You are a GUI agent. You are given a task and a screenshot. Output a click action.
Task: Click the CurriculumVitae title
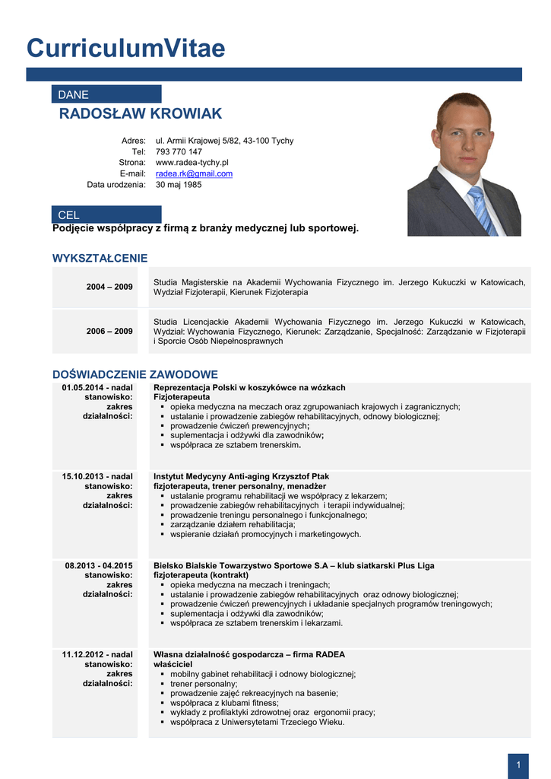[x=126, y=48]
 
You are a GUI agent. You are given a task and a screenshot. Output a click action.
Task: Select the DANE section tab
[x=106, y=94]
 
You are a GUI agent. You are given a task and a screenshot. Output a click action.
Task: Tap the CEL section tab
[x=106, y=215]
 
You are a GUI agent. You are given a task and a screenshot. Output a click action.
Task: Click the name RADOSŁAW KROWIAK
[x=141, y=114]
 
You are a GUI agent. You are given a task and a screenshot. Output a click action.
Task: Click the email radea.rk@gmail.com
[x=194, y=173]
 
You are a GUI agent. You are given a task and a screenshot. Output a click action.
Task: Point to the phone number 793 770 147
[x=179, y=151]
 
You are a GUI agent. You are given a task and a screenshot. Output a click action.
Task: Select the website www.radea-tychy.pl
[x=192, y=163]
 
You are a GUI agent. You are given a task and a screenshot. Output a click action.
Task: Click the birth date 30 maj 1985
[x=179, y=185]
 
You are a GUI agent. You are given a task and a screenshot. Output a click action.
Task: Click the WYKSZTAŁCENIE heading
[x=100, y=259]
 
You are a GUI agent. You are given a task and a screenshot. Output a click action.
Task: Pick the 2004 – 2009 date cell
[x=109, y=287]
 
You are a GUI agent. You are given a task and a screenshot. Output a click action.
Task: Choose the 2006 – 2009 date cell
[x=109, y=331]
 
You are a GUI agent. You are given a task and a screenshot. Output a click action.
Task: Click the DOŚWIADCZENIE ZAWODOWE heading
[x=135, y=374]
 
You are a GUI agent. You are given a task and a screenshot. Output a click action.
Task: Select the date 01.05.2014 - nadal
[x=97, y=387]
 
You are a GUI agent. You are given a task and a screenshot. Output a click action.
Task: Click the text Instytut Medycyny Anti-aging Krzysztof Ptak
[x=241, y=476]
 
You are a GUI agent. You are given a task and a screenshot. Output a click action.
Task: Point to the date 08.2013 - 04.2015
[x=99, y=565]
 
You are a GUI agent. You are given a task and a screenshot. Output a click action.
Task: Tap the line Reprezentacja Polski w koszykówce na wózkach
[x=249, y=387]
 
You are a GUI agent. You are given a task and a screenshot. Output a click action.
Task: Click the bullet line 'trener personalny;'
[x=204, y=684]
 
